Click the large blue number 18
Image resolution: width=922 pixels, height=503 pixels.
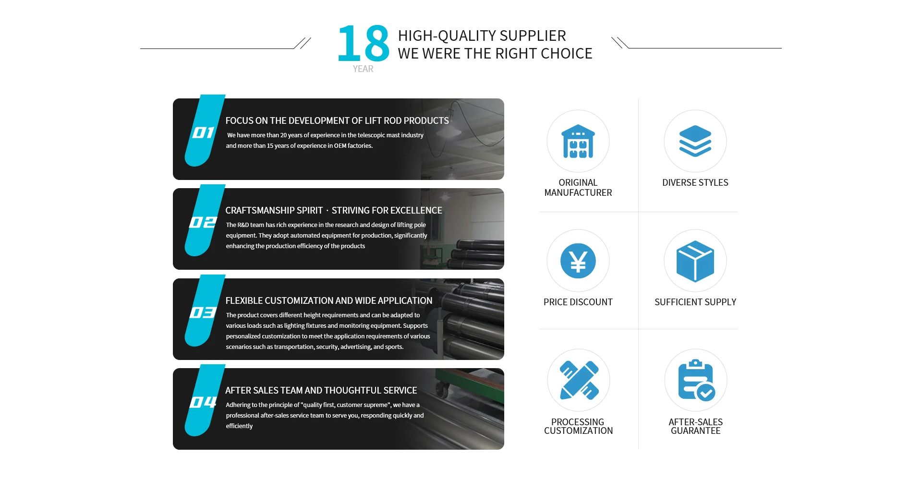pos(364,44)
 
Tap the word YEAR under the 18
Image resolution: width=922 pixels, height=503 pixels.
pos(363,69)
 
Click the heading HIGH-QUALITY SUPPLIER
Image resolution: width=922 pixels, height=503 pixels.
pos(482,36)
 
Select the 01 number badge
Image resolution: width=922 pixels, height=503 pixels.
pos(203,132)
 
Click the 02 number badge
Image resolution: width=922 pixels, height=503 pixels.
pos(203,222)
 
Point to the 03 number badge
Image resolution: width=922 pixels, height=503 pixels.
pos(203,312)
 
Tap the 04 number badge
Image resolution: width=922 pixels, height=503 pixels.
pos(203,402)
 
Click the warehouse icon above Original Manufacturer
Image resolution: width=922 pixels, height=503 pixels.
pos(578,141)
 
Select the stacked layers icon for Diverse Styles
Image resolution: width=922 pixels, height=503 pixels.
pos(695,141)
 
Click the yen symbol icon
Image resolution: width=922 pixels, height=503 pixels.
pos(578,261)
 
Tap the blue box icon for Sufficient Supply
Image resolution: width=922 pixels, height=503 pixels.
pos(695,261)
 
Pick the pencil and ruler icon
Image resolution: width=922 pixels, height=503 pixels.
pos(579,380)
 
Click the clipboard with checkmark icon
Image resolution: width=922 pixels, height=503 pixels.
pos(696,380)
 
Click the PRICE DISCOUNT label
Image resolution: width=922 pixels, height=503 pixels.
pos(578,302)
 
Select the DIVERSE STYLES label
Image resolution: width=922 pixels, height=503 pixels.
pos(695,182)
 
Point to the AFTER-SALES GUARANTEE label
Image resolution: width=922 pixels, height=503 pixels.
pos(695,426)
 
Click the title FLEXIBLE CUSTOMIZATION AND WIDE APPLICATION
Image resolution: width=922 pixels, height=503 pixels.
pos(329,300)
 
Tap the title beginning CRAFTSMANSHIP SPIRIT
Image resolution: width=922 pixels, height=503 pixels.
pos(334,210)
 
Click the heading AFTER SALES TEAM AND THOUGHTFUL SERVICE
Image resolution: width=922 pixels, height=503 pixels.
pos(321,390)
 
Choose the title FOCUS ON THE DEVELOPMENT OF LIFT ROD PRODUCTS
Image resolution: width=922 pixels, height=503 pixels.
pos(337,120)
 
